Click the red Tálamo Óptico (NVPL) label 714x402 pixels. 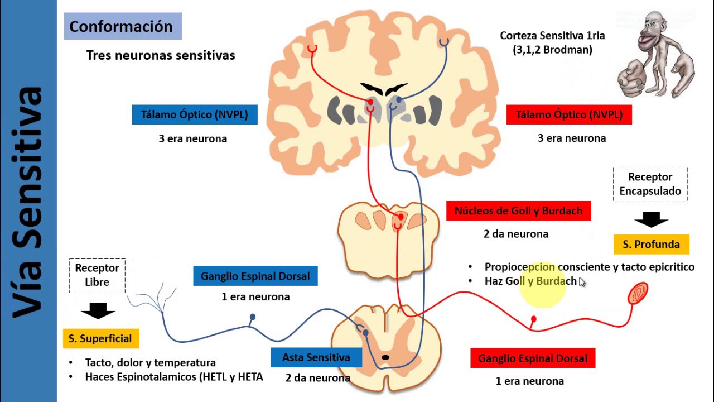(569, 114)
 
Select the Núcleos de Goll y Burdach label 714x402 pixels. (518, 211)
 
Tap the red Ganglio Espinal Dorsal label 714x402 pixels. (532, 358)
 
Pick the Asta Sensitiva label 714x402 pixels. (316, 357)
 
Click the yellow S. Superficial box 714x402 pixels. (100, 338)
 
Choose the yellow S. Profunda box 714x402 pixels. (651, 244)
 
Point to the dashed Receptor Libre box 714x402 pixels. (98, 275)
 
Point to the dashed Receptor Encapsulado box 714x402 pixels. (650, 184)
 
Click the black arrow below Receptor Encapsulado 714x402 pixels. (651, 219)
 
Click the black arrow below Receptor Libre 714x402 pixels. (98, 310)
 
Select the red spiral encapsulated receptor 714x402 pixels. (638, 294)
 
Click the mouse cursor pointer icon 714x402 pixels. (582, 283)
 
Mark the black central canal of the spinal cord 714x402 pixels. (385, 357)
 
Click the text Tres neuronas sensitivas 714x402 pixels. (161, 55)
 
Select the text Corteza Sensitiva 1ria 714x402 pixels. (552, 36)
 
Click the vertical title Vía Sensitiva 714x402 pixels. (28, 201)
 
